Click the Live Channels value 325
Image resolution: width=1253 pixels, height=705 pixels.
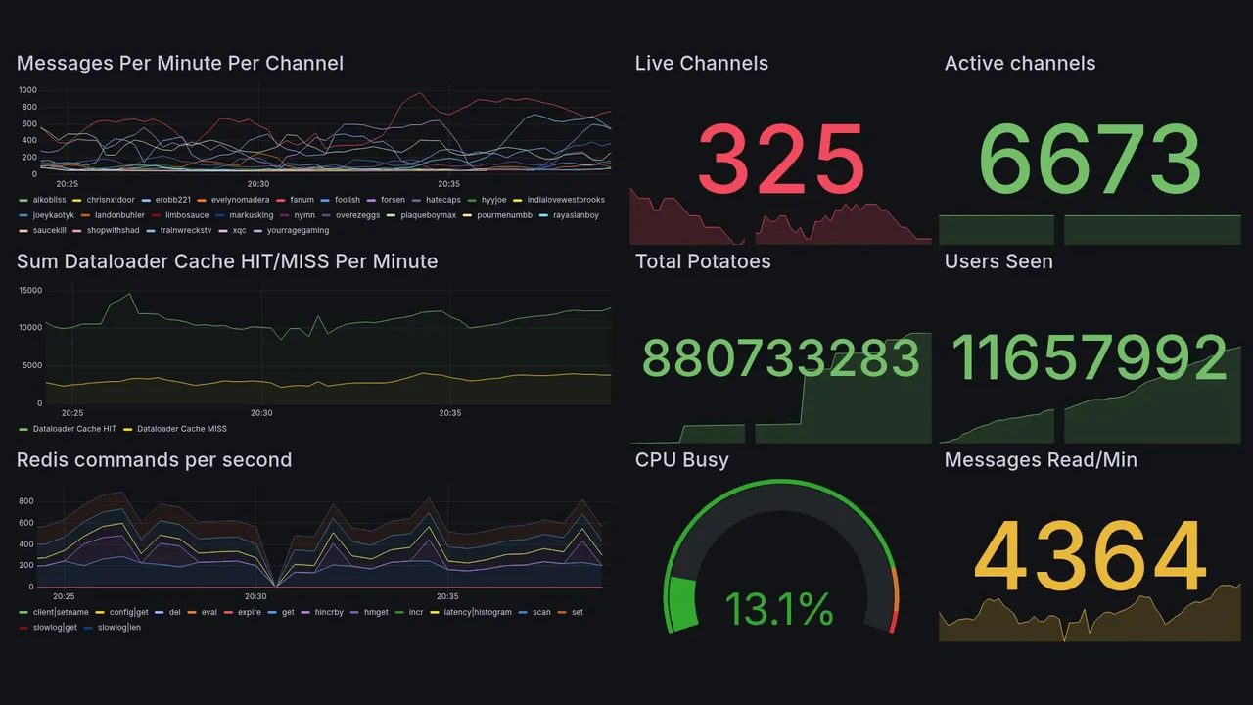(781, 160)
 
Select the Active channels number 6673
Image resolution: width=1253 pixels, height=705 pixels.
(1090, 160)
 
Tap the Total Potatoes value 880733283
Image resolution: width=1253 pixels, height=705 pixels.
(781, 358)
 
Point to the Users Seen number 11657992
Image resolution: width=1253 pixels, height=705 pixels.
(1090, 358)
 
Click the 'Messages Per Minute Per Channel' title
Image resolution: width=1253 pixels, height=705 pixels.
(180, 64)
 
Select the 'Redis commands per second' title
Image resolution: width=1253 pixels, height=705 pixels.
(155, 460)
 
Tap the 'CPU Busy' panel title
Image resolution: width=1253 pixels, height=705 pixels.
(681, 460)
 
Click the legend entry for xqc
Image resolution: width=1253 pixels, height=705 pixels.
(239, 231)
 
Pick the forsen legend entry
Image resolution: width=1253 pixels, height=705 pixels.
(393, 200)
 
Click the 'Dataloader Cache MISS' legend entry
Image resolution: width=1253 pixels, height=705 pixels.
(181, 429)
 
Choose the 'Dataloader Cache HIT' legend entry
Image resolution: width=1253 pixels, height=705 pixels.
(74, 429)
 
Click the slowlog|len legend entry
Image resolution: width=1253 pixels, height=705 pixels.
(120, 628)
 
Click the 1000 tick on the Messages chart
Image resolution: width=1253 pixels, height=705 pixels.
(27, 90)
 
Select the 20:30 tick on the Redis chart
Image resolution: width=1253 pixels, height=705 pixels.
(255, 597)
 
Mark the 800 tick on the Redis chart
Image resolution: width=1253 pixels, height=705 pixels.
(26, 501)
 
